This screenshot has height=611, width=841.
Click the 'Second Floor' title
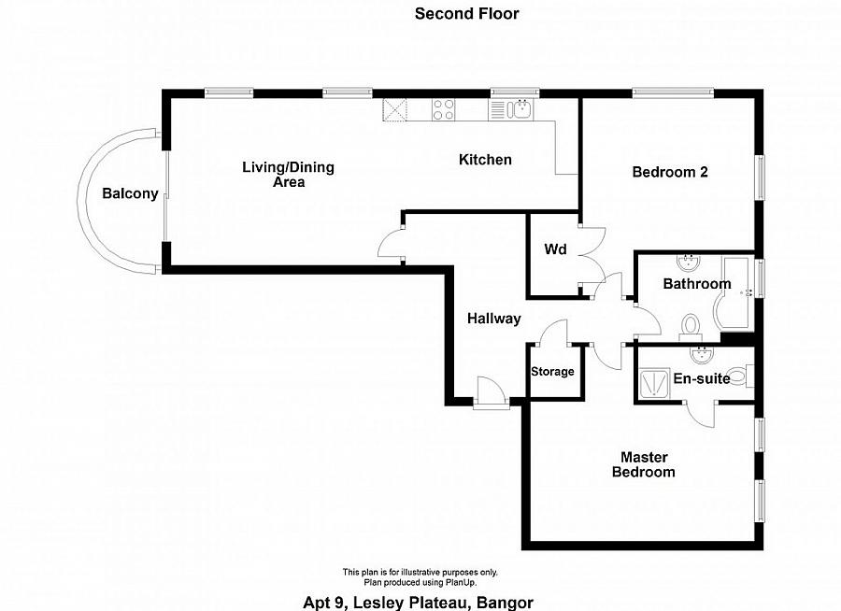[x=466, y=13]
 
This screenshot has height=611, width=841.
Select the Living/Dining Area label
[x=288, y=175]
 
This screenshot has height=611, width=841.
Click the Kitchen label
[x=485, y=160]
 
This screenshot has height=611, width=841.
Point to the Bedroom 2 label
[x=670, y=172]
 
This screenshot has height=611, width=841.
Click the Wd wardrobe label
[x=555, y=250]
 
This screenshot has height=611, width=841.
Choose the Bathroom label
[x=696, y=284]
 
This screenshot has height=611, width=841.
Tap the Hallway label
[x=493, y=319]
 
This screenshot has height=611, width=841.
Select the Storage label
[x=552, y=372]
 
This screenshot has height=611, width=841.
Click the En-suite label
[x=702, y=378]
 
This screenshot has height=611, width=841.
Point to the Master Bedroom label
[x=643, y=464]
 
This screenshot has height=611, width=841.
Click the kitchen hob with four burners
[x=443, y=110]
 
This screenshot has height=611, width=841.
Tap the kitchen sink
[x=520, y=110]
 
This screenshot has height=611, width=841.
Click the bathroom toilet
[x=691, y=326]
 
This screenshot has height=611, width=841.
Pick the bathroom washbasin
[x=690, y=260]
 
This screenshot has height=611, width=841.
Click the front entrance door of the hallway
[x=489, y=392]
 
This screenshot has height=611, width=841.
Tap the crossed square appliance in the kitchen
[x=396, y=110]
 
